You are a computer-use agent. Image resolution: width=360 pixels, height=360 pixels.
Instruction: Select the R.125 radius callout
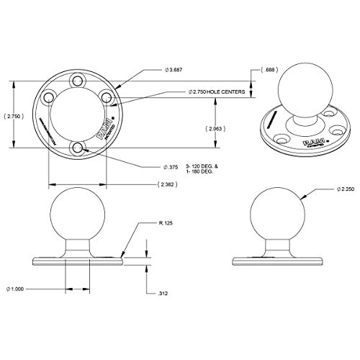click(166, 224)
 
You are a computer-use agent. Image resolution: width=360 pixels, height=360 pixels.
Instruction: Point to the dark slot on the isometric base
click(269, 122)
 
